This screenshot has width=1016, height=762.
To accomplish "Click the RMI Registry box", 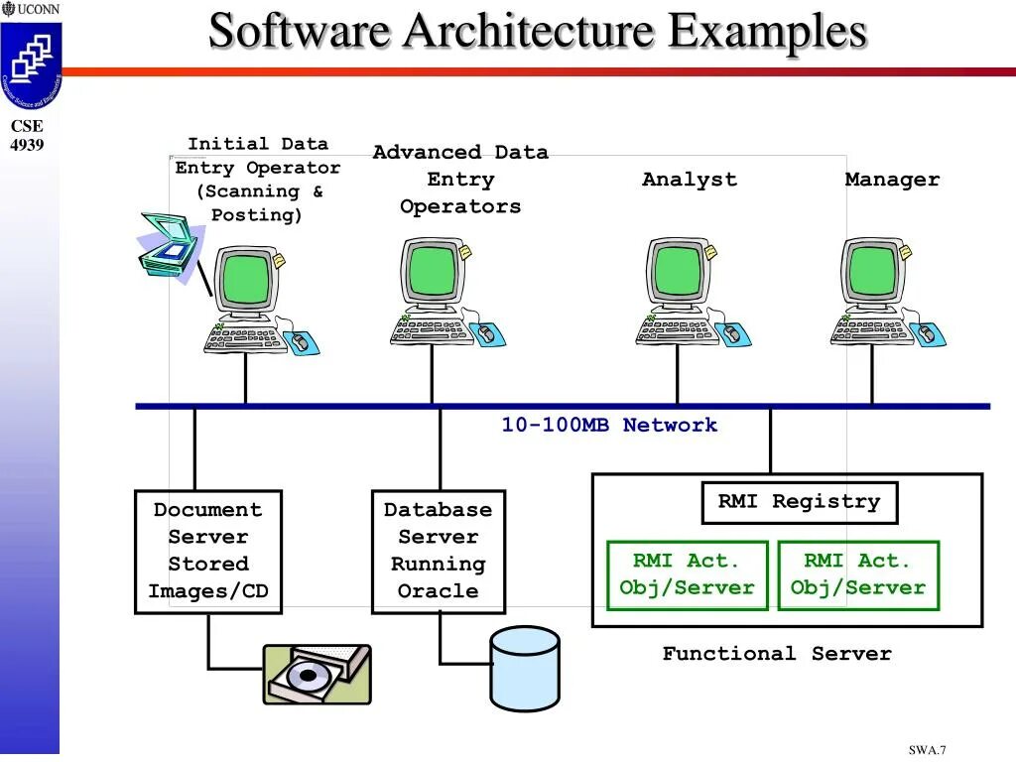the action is tap(800, 502).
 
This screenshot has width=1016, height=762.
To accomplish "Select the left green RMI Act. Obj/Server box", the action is tap(688, 575).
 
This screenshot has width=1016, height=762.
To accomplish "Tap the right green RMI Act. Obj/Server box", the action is tap(858, 575).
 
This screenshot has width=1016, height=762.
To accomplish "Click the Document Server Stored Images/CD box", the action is tap(208, 552).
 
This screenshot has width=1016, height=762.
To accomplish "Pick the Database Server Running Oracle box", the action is tap(438, 552).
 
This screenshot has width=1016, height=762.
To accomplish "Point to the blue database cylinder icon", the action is tap(525, 669).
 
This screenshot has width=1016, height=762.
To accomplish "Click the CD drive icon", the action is tap(317, 675).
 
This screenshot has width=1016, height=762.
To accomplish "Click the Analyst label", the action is tap(690, 180).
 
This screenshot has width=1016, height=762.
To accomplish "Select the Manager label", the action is tap(892, 180).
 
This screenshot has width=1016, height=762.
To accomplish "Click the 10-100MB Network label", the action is tap(609, 425).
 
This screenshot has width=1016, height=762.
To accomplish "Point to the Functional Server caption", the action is tap(777, 653).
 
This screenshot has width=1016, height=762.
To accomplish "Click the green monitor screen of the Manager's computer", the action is tap(872, 272).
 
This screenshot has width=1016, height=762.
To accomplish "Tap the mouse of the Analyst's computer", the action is tap(732, 333).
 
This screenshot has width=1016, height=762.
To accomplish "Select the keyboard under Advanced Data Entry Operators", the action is tap(425, 329).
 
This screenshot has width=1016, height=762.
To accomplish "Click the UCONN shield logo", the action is tap(31, 64).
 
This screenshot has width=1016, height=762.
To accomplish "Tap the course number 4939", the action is tap(27, 145).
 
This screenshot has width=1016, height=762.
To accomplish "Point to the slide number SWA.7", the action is tap(927, 750).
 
